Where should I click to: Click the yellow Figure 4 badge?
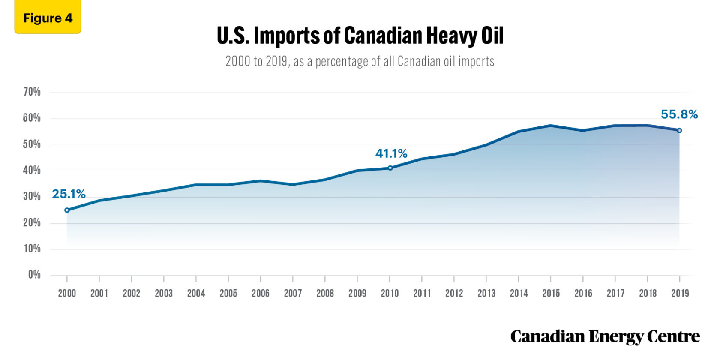(48, 18)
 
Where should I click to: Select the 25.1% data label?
(69, 194)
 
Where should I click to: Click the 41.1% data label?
(391, 153)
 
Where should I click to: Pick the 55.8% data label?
(679, 114)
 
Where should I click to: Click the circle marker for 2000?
(67, 210)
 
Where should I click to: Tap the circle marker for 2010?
(390, 168)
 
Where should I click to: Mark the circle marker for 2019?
(679, 130)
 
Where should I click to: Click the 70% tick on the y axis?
(32, 92)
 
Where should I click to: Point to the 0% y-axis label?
(34, 275)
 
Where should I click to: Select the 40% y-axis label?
(32, 170)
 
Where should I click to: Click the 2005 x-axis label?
(228, 293)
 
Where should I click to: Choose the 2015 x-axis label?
(551, 293)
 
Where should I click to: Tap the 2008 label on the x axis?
(325, 293)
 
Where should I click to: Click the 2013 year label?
(486, 293)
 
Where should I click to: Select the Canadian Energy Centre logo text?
(605, 337)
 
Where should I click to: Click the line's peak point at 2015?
(551, 126)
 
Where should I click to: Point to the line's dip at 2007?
(293, 184)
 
